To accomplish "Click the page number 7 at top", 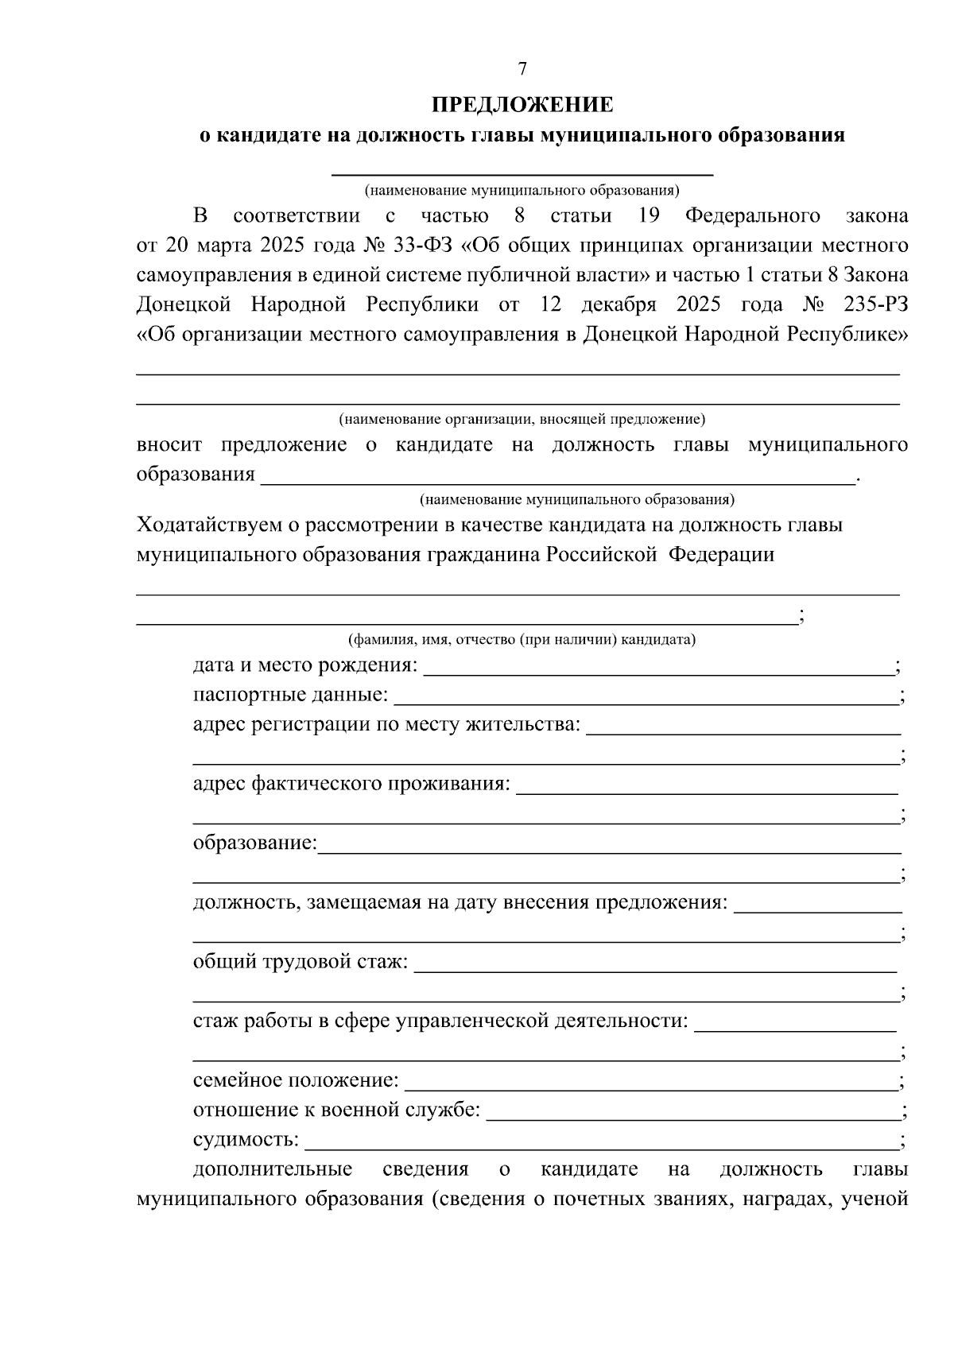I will (x=522, y=70).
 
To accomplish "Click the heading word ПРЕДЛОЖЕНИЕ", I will (x=522, y=105).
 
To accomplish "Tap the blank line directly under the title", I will (x=522, y=170).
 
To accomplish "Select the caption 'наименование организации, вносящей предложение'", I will (x=522, y=419).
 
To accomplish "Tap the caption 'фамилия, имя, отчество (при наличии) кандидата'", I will (x=522, y=640).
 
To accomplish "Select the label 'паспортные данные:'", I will (x=290, y=696).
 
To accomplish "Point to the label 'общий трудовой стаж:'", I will (x=301, y=963).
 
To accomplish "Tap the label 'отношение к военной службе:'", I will (x=336, y=1111).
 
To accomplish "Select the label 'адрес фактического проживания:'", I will (x=351, y=784).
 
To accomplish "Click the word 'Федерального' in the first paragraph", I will (x=752, y=216).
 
